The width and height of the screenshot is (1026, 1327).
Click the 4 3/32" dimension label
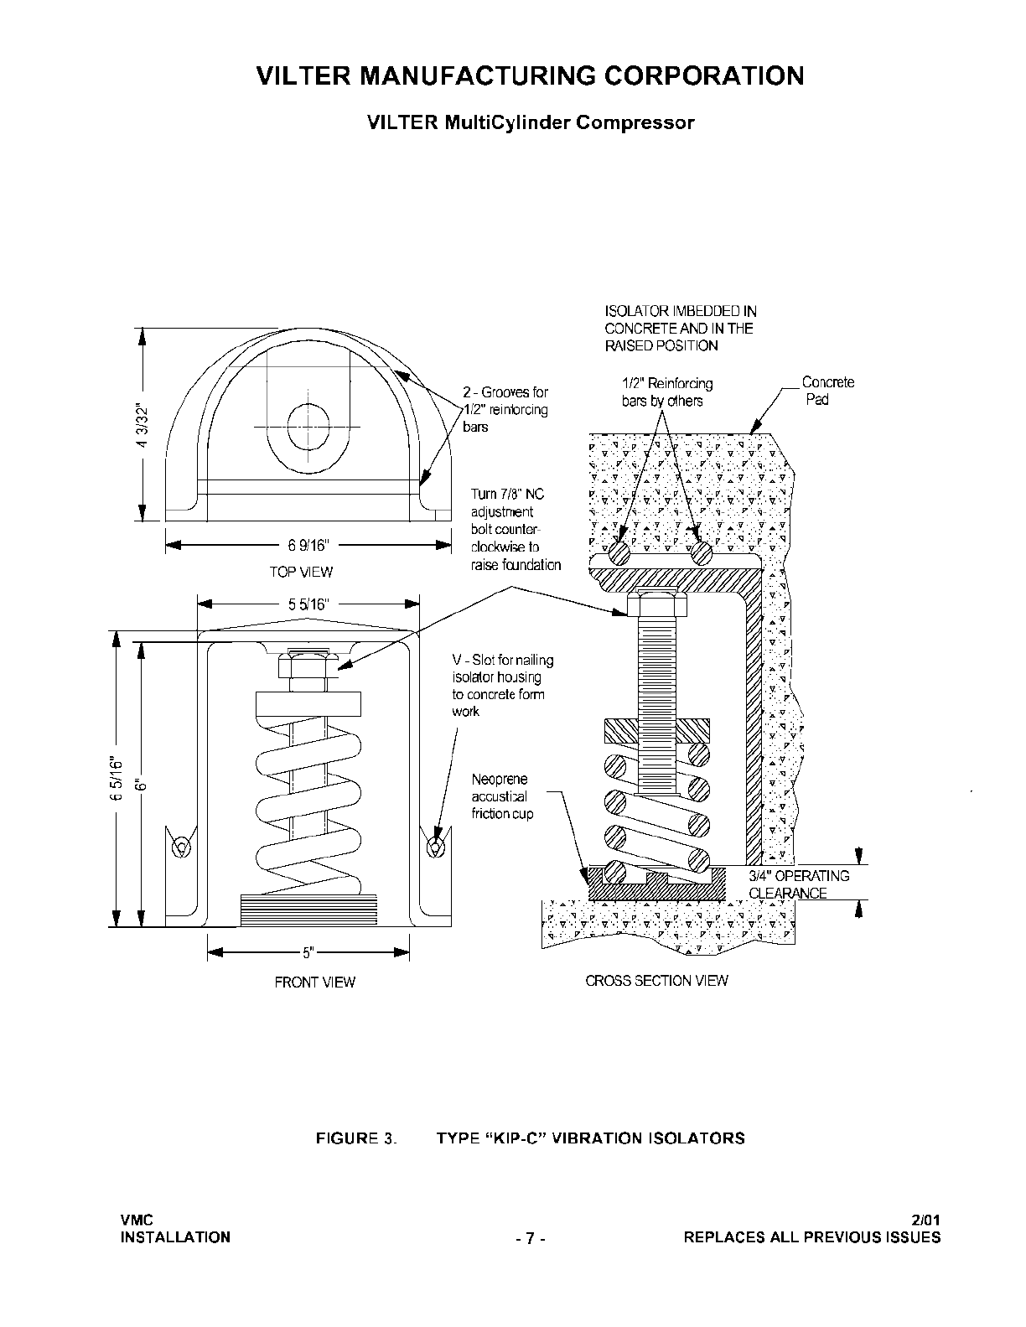[142, 425]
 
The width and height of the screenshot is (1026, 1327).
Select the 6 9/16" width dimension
[308, 545]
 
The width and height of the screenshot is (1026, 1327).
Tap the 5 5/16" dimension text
[308, 604]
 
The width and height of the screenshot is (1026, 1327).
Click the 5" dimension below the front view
[308, 952]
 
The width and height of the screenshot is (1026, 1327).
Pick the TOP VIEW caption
[301, 573]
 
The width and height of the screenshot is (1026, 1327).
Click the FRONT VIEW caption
[314, 982]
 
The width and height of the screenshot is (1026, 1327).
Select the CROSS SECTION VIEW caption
[656, 980]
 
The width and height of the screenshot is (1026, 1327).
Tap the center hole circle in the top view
[308, 426]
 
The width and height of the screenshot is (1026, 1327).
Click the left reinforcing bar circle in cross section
[619, 553]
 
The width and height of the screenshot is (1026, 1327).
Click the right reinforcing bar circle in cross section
[702, 553]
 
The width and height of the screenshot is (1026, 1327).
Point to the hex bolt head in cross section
[656, 603]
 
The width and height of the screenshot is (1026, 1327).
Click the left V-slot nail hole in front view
[180, 847]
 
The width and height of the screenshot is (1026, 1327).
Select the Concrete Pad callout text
[827, 391]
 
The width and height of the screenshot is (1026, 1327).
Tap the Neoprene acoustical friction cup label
[502, 796]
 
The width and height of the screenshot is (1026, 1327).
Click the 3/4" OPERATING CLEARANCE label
[798, 884]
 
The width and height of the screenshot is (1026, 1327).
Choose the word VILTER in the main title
[303, 75]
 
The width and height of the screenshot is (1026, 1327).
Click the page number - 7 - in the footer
[530, 1238]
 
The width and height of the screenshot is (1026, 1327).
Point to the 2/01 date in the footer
[925, 1221]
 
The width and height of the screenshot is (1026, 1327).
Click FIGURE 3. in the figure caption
[356, 1138]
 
